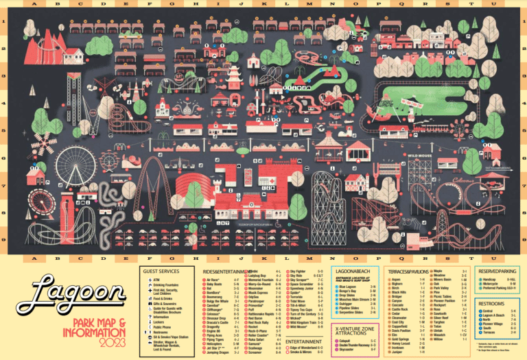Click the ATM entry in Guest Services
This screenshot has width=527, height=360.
[x=156, y=279]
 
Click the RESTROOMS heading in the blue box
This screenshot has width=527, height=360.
[x=491, y=302]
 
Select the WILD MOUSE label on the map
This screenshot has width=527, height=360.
[x=422, y=155]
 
